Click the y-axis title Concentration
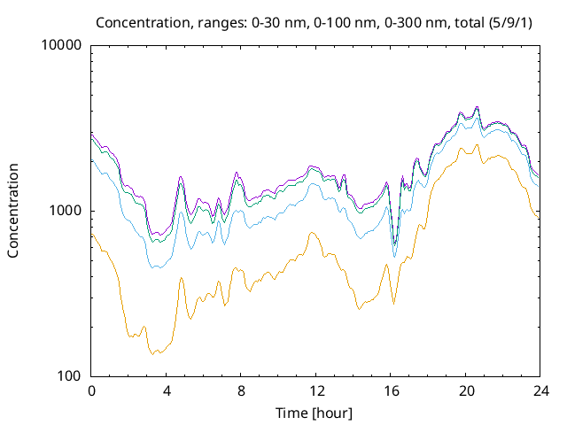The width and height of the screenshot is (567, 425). coord(13,211)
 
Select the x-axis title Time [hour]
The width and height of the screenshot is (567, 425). coord(315,413)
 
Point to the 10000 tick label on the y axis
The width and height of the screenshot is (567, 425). coord(62,46)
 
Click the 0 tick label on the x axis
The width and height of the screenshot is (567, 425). coord(91,390)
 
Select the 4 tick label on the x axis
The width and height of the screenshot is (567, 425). coord(166,390)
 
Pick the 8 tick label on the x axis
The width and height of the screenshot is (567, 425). coord(240,390)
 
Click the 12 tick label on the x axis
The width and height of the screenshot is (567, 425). coord(315,390)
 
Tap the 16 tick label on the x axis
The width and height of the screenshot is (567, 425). coord(389,390)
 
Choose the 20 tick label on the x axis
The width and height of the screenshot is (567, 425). coord(463,390)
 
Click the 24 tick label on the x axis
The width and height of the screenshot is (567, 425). coord(538,390)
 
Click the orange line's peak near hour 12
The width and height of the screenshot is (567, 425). coord(313,233)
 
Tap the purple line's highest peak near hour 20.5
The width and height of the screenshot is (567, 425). coord(478,106)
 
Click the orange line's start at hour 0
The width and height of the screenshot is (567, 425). coord(92,233)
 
